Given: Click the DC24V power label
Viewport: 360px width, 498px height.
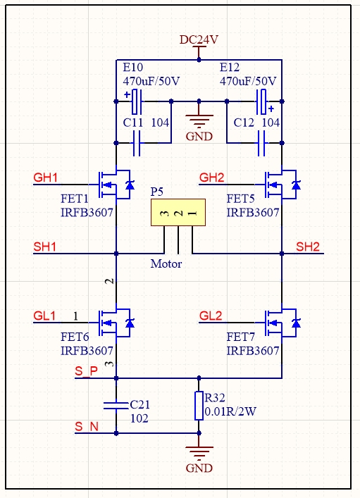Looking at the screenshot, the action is pyautogui.click(x=199, y=39).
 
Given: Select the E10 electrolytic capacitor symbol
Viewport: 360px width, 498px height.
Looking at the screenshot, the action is pyautogui.click(x=137, y=101).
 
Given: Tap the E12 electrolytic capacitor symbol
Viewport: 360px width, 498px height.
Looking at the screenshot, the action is pyautogui.click(x=262, y=101).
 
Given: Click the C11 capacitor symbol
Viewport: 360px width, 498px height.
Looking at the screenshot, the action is pyautogui.click(x=137, y=143).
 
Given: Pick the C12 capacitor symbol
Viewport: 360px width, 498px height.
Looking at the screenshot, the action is pyautogui.click(x=261, y=143).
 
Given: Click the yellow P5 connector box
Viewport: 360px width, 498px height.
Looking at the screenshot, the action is pyautogui.click(x=178, y=213).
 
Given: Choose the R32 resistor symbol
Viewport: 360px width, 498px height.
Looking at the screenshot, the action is pyautogui.click(x=199, y=406).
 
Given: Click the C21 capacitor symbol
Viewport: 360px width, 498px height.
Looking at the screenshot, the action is pyautogui.click(x=116, y=406).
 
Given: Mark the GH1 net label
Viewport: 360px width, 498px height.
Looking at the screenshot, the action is pyautogui.click(x=45, y=178).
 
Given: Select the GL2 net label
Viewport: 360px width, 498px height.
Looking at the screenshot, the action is pyautogui.click(x=211, y=316).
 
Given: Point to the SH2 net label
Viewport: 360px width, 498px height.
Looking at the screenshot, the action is pyautogui.click(x=308, y=247).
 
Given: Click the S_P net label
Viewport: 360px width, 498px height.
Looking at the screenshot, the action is pyautogui.click(x=86, y=371).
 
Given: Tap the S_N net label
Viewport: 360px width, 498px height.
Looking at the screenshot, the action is pyautogui.click(x=87, y=427).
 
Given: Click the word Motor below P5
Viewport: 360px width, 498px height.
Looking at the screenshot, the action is pyautogui.click(x=166, y=263).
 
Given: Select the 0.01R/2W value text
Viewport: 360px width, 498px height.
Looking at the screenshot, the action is pyautogui.click(x=230, y=411).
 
